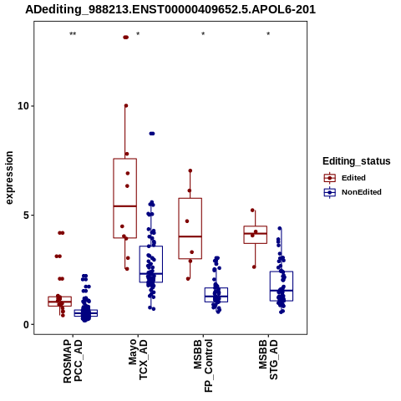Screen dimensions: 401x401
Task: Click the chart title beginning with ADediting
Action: (x=170, y=10)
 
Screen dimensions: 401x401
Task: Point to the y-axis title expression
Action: (x=9, y=178)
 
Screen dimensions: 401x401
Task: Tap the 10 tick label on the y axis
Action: (x=23, y=106)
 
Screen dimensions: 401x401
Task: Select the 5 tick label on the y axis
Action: (x=27, y=216)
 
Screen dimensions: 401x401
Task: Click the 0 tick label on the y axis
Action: (x=27, y=324)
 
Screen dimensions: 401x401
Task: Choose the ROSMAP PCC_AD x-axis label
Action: (x=73, y=361)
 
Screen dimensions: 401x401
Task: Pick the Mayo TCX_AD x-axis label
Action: (x=138, y=359)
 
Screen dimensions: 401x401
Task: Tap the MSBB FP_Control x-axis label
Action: (x=203, y=366)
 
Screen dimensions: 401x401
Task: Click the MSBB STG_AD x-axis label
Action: (x=268, y=359)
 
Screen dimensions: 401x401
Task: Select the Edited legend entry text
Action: (x=353, y=178)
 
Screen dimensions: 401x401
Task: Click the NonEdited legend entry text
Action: (x=362, y=192)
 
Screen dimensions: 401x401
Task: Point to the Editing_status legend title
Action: (x=357, y=161)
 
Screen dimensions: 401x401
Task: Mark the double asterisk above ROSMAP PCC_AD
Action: (x=73, y=34)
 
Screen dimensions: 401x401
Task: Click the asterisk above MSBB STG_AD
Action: (x=268, y=34)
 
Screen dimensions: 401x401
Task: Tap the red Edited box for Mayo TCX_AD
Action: (x=125, y=198)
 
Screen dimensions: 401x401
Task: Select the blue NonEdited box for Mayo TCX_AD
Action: (x=151, y=264)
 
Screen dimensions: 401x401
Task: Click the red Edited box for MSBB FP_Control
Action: (x=190, y=229)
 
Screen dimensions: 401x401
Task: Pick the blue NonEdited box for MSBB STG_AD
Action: (x=282, y=286)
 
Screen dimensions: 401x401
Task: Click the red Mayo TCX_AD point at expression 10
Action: (x=126, y=105)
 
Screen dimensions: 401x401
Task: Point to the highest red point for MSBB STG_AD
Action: (x=252, y=211)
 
